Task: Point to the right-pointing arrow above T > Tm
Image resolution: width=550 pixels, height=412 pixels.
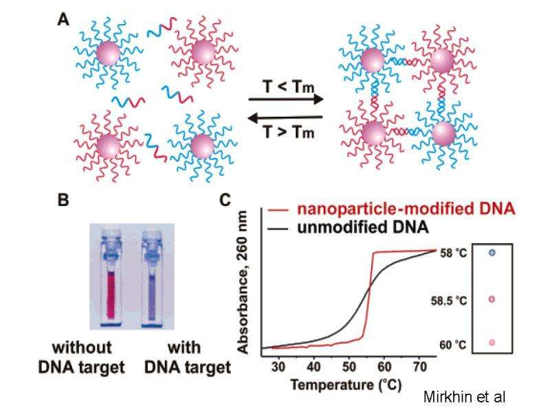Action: (x=286, y=100)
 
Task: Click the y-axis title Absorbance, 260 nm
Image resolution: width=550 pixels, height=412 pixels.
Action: (x=242, y=282)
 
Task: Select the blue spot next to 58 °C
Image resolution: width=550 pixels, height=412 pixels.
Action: (x=492, y=253)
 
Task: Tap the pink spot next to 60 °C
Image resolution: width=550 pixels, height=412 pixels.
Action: (x=492, y=343)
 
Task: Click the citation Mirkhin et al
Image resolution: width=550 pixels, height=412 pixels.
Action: (x=465, y=398)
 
